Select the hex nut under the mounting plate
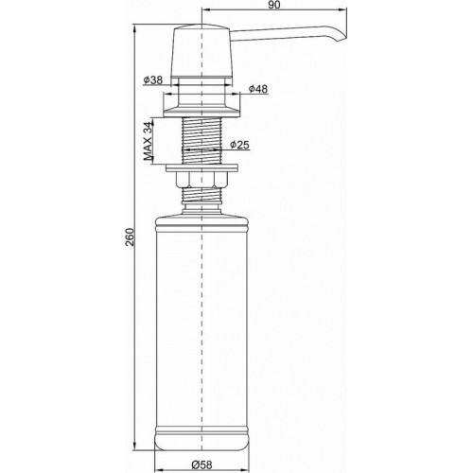(x=203, y=181)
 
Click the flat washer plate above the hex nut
(x=203, y=169)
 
